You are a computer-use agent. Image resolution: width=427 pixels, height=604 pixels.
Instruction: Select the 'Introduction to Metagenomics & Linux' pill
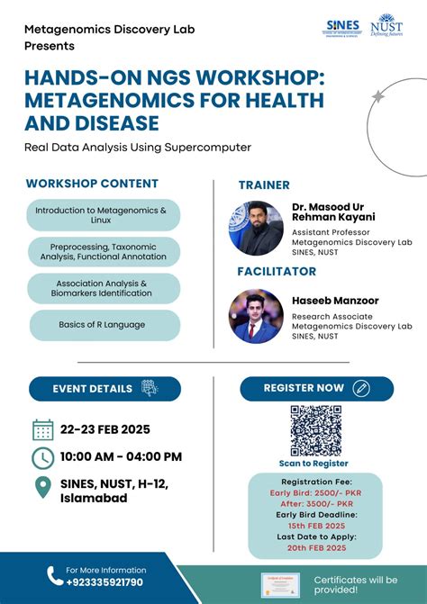[103, 214]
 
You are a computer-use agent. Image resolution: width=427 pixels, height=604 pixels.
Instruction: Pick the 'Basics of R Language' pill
[103, 325]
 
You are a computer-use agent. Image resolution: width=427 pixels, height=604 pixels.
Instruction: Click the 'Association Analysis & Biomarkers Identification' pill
[103, 288]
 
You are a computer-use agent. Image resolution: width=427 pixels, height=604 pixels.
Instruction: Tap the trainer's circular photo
[257, 228]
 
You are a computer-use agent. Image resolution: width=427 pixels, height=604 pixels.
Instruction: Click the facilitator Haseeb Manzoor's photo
[257, 315]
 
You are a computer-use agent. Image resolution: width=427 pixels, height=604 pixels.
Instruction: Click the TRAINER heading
[264, 185]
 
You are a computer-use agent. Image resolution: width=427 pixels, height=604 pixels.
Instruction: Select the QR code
[315, 430]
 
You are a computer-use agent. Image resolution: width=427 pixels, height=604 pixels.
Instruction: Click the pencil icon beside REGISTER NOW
[362, 389]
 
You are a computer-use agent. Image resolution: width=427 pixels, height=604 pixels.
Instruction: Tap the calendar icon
[42, 429]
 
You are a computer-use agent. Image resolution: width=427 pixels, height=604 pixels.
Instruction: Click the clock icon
[42, 457]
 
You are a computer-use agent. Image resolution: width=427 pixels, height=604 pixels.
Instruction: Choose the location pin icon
[42, 488]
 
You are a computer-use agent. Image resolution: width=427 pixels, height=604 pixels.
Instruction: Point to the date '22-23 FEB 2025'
[104, 429]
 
